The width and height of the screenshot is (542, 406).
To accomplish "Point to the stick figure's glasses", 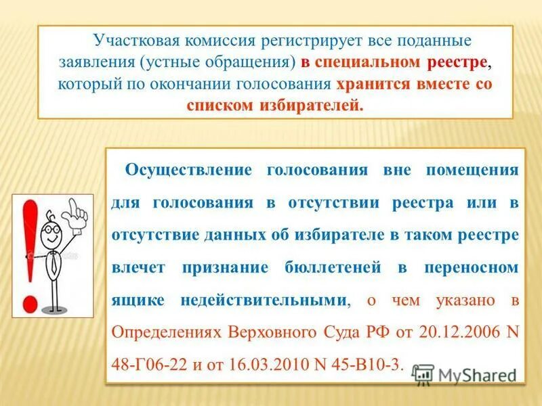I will (50, 229).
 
